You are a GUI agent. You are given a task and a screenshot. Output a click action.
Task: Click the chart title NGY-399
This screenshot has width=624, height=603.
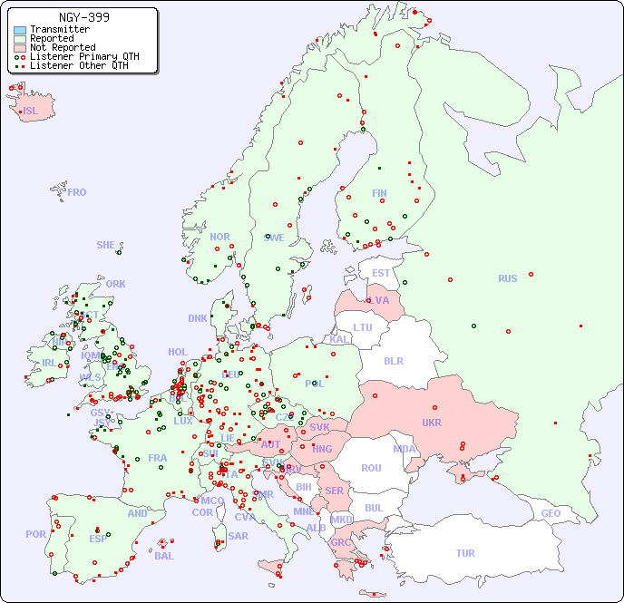tap(84, 17)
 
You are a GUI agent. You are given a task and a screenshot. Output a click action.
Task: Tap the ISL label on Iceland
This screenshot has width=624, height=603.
tap(31, 112)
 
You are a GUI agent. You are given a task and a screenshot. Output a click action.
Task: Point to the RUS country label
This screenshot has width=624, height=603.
tap(507, 278)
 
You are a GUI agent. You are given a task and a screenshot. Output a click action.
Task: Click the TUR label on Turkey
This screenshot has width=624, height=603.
tap(465, 553)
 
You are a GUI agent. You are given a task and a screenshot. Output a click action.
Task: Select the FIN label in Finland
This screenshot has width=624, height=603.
tap(379, 193)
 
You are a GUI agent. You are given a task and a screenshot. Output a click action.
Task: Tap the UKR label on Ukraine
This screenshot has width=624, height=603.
tap(432, 423)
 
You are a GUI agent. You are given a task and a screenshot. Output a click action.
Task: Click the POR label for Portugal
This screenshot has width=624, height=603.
tap(35, 534)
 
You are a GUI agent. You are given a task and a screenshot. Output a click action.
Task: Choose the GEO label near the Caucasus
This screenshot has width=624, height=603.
tap(551, 513)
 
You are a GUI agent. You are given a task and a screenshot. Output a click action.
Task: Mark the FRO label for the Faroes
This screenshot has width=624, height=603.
tap(77, 192)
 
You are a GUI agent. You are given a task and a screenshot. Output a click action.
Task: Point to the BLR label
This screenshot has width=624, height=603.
tap(394, 360)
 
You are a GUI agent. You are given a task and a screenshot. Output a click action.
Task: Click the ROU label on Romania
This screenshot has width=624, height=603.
tap(371, 468)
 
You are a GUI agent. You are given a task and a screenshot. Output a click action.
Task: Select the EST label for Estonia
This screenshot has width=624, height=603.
tap(381, 273)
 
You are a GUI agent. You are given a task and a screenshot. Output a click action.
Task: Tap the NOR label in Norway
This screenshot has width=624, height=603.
tap(219, 237)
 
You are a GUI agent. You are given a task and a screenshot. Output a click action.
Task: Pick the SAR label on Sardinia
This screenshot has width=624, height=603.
tap(238, 535)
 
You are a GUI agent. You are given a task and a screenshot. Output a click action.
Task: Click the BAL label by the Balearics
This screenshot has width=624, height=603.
tap(164, 556)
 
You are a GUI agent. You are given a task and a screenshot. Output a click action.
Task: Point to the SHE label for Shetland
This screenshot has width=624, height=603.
tap(106, 245)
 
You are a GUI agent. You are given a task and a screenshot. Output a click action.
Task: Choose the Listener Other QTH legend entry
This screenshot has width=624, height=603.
tap(79, 65)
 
